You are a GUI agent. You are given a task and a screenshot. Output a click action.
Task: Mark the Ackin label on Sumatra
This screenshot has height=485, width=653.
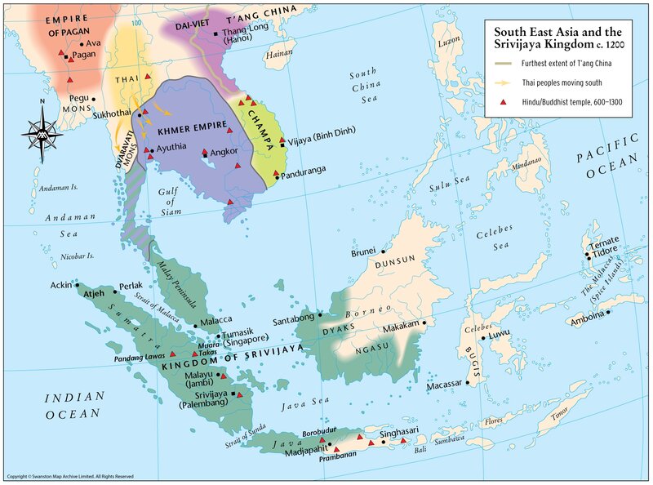pyautogui.click(x=60, y=286)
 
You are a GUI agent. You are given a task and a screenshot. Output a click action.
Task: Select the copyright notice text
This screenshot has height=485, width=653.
pyautogui.click(x=69, y=476)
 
